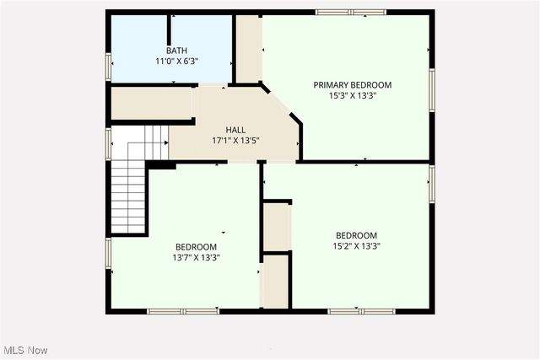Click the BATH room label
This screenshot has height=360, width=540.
(177, 51)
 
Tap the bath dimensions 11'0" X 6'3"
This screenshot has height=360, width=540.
(177, 62)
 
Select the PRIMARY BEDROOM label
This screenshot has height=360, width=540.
(353, 84)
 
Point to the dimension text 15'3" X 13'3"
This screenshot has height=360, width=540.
(353, 95)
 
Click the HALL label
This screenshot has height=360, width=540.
(235, 129)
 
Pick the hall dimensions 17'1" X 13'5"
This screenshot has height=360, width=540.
(235, 140)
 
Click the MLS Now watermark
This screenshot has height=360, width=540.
(26, 350)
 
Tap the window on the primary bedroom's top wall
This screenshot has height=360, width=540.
(350, 12)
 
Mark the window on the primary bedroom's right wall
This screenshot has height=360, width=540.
(431, 89)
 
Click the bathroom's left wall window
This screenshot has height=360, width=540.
(108, 66)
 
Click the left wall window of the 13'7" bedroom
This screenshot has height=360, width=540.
(108, 253)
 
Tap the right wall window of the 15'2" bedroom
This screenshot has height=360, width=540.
(431, 184)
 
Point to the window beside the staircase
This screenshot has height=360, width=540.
(108, 142)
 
